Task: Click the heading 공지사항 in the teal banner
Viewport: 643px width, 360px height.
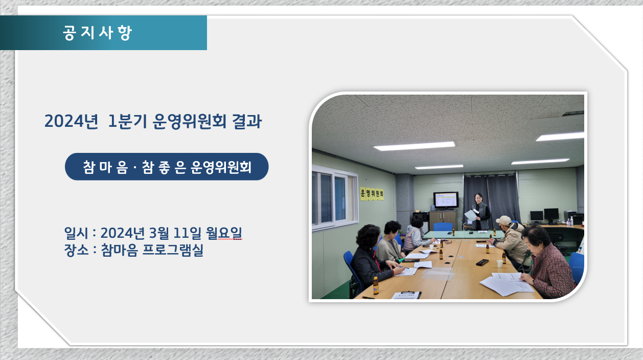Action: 97,33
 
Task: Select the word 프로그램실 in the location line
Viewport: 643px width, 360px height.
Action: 173,251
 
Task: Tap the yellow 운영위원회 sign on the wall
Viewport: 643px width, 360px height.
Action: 372,194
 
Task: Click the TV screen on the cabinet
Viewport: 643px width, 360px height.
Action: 446,200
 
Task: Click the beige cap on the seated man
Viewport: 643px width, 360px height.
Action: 503,220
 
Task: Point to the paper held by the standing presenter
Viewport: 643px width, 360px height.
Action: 470,215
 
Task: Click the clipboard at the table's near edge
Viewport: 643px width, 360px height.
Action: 406,295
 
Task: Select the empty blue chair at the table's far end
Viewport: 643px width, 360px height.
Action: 443,227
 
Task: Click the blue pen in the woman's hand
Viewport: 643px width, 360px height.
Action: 403,267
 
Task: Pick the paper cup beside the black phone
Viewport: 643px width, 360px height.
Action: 500,263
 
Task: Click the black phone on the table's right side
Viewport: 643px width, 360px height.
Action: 483,262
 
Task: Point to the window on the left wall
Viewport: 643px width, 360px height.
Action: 334,198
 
